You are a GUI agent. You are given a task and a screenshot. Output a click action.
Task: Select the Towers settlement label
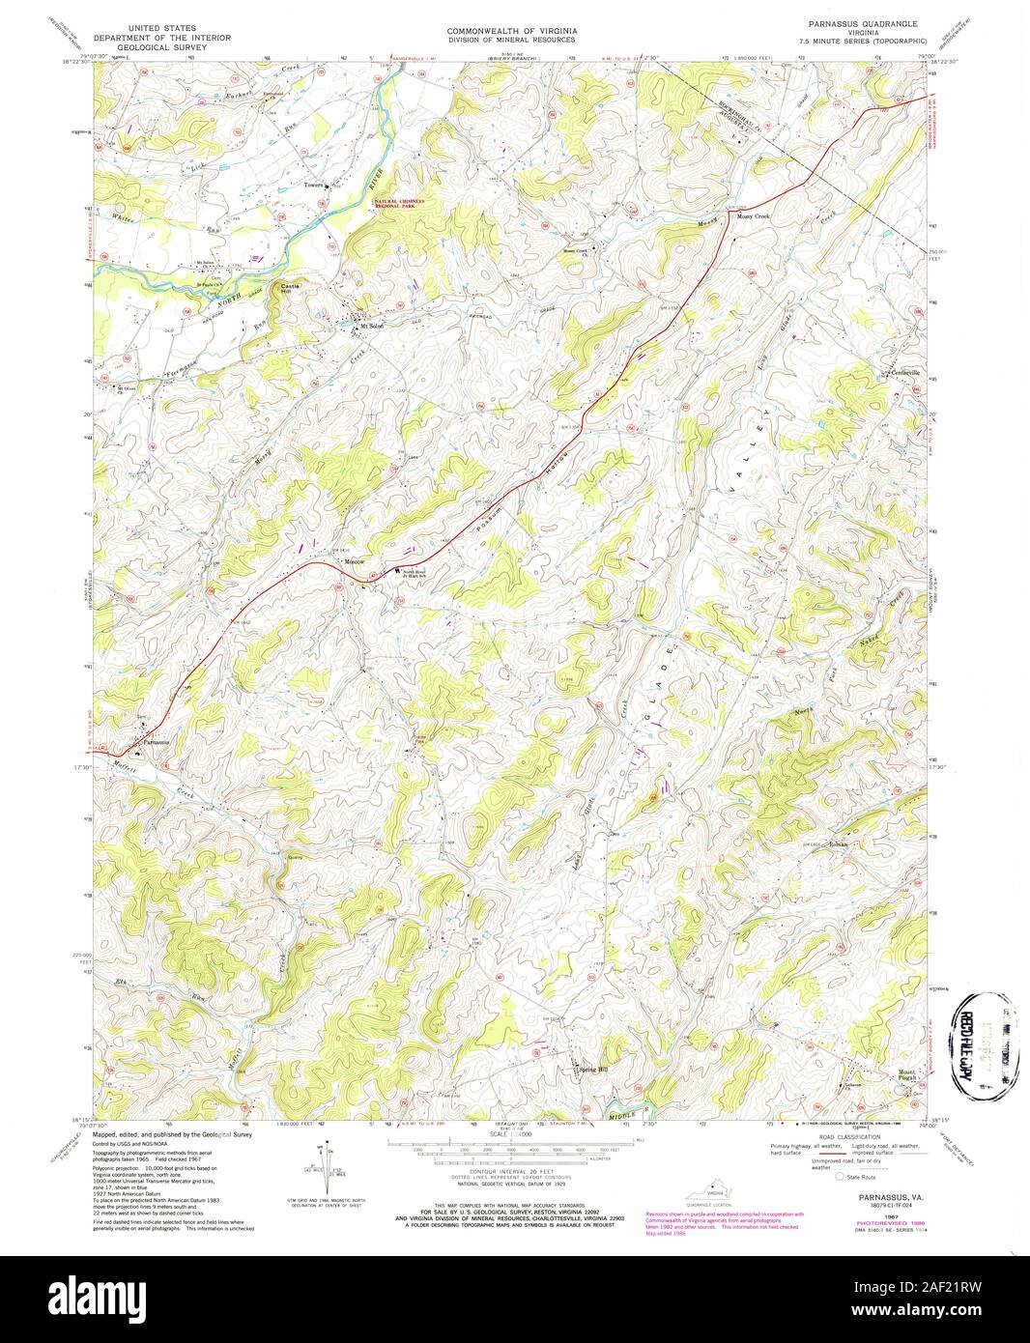pos(312,185)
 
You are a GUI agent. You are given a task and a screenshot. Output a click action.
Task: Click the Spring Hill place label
pos(594,1070)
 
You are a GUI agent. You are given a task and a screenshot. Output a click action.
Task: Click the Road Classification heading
pos(850,1137)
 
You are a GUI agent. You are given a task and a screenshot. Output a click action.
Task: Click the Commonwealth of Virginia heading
pos(511,31)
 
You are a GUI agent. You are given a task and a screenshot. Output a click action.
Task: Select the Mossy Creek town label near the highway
pos(754,217)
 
